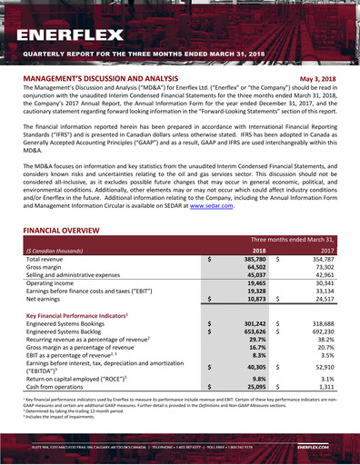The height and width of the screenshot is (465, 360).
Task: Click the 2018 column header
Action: coord(258,250)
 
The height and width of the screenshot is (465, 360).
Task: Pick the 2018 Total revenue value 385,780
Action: coord(251,260)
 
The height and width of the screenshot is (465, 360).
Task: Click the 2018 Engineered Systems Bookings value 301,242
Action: coord(251,322)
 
